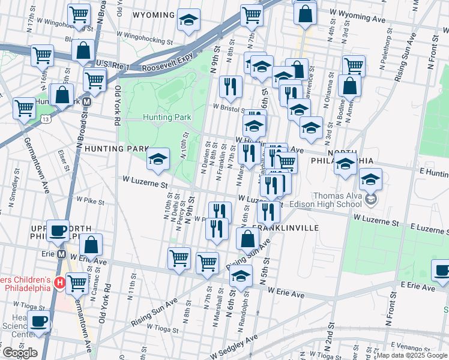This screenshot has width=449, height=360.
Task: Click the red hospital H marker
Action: click(59, 282)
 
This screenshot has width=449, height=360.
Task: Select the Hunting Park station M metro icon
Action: click(87, 102)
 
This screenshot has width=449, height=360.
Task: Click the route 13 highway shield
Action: click(46, 120)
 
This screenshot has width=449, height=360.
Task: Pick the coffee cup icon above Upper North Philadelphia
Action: click(58, 231)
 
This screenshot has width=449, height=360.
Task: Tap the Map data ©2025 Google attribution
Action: click(411, 355)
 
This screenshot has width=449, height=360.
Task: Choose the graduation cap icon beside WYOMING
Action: click(188, 21)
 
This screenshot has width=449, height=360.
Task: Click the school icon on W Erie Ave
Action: click(240, 277)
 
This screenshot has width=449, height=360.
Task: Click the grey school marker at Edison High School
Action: click(372, 199)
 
